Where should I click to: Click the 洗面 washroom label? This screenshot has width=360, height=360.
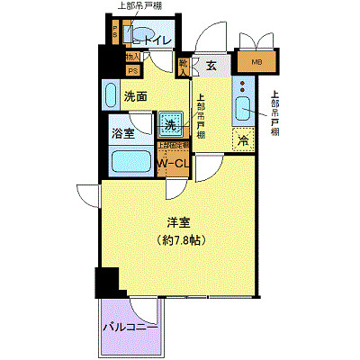coord(136,96)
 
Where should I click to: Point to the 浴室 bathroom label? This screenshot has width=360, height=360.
coord(123,131)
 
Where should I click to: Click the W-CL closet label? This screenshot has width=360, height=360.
coord(172,163)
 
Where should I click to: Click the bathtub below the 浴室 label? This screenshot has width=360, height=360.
coord(131,162)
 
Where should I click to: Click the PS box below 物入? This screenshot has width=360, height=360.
coord(132,70)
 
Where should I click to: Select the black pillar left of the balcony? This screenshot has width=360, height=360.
coord(106,283)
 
